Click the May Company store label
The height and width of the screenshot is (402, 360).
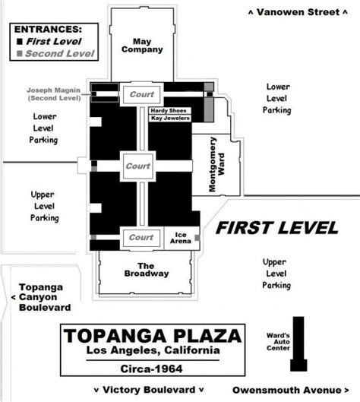pos(142,46)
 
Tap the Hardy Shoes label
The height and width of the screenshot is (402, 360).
pos(169,110)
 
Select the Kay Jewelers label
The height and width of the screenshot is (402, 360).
pos(170,118)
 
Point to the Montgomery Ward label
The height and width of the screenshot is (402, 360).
pos(216,164)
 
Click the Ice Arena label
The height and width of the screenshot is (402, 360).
pos(181,238)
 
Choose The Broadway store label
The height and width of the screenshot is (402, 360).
pos(147,270)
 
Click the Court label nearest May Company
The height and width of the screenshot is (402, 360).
pos(142,94)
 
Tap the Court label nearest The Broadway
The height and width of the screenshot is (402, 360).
pos(141,237)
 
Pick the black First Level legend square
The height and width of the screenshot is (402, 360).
pos(20,41)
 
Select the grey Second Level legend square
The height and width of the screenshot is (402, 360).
pos(20,53)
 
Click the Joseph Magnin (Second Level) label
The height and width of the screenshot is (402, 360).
pos(54,94)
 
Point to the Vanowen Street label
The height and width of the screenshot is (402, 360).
pos(298,12)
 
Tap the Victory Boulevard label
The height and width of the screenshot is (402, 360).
pos(149,390)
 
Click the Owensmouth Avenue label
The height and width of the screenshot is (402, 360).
pos(291,390)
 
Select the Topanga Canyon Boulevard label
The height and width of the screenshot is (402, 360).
pos(41,297)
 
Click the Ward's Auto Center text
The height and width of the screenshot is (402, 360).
pos(278,342)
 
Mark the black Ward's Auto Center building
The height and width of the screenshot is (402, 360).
pos(298,343)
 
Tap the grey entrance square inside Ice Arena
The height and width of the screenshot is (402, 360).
pos(197,238)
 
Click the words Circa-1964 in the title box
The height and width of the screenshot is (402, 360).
pos(151,369)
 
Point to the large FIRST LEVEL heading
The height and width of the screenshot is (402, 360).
pos(277,228)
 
